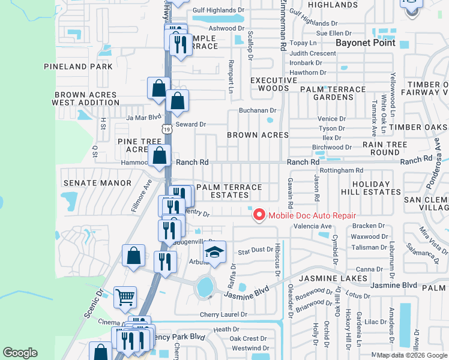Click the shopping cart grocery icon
click(x=125, y=296)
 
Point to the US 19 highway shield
click(x=166, y=128)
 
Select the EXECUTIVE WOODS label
click(x=270, y=84)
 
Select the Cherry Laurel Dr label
click(x=219, y=314)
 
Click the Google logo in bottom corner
click(x=20, y=353)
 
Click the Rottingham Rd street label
click(x=342, y=170)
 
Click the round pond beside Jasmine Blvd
click(x=205, y=287)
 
